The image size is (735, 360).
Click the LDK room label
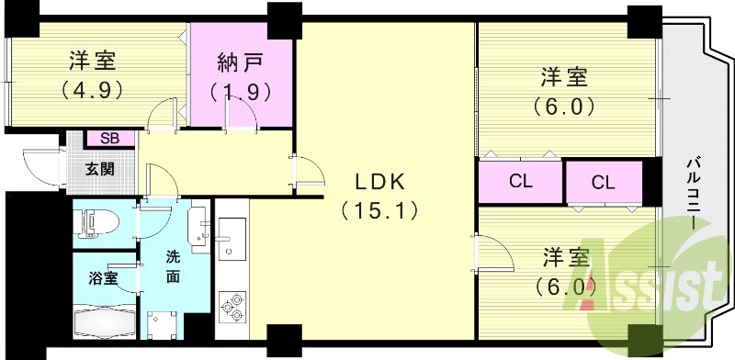click(380, 180)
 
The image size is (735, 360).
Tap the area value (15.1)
click(380, 210)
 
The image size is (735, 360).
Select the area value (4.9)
click(93, 90)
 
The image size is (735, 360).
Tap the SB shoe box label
click(109, 138)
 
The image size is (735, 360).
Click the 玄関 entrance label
click(100, 169)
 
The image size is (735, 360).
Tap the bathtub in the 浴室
click(105, 323)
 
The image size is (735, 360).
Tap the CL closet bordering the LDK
click(520, 181)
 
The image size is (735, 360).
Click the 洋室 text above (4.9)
click(93, 61)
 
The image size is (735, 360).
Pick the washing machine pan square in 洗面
click(164, 325)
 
